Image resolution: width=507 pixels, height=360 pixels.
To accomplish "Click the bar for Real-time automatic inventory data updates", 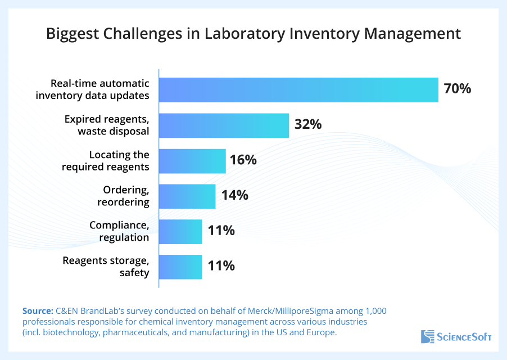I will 298,90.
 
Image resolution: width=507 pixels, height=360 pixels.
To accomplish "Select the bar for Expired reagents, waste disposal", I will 224,125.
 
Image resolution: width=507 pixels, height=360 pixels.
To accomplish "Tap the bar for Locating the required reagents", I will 192,161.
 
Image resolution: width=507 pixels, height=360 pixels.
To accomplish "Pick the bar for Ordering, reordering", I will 187,196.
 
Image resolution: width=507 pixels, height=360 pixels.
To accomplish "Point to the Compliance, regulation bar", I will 180,232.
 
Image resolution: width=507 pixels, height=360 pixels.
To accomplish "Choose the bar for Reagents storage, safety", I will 180,267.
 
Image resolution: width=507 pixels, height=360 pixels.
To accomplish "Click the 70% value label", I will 457,89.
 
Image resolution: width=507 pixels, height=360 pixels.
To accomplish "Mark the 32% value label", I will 307,124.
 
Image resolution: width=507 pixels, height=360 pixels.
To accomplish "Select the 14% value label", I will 234,195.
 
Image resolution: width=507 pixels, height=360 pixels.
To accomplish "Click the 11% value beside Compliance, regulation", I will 221,231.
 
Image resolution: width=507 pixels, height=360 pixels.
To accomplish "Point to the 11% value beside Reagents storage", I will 221,266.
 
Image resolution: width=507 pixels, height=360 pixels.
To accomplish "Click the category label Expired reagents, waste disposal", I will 106,125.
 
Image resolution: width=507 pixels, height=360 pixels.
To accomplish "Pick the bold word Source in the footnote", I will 37,311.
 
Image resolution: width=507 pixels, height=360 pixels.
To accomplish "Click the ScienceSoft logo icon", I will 427,337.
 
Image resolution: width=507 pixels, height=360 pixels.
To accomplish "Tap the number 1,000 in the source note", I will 376,311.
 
